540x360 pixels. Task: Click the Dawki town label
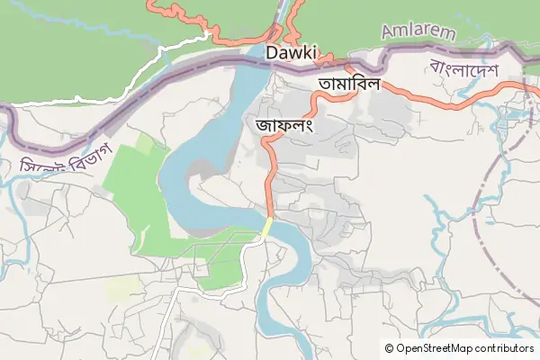pos(292,53)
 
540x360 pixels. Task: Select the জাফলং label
pos(283,125)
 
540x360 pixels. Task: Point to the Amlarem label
pos(418,31)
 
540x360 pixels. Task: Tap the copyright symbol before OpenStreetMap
pos(389,347)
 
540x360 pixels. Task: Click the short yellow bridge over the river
pos(267,227)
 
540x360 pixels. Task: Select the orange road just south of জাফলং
pos(267,180)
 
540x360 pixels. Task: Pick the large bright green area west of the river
pos(135,189)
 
